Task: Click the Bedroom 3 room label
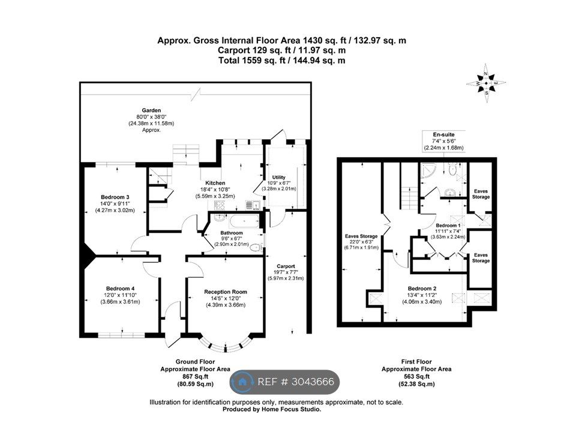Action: coord(115,197)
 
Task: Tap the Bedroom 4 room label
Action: coord(120,289)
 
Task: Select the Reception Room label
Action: coord(226,292)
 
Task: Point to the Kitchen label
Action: coord(215,183)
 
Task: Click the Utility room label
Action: coord(279,177)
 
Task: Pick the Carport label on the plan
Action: coord(286,266)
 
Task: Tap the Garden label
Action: coord(151,110)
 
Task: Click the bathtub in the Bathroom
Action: coord(244,221)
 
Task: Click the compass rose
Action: coord(486,83)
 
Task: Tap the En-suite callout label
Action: coord(444,134)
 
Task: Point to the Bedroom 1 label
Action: coord(448,225)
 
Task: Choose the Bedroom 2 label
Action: coord(422,289)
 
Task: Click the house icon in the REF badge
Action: coord(242,382)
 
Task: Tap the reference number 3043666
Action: coord(313,382)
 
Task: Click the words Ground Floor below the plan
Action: coord(195,361)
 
